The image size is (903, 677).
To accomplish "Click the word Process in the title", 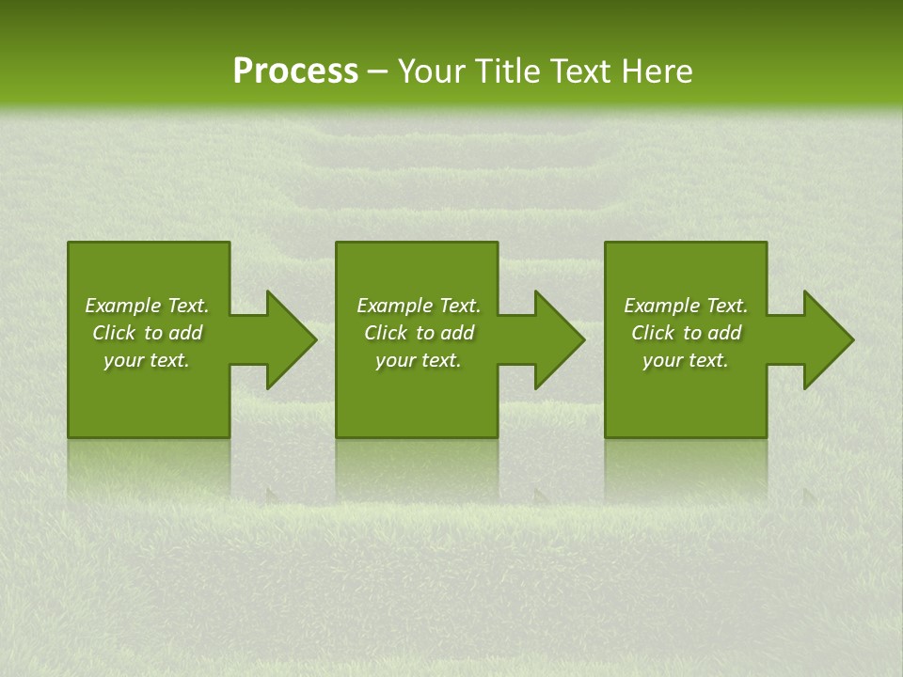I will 295,71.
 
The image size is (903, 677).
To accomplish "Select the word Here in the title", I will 657,71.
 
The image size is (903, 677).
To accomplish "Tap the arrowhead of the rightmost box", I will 827,339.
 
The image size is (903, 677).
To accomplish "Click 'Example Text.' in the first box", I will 147,306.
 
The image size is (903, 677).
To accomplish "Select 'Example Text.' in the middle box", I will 418,306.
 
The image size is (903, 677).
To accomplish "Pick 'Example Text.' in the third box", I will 686,306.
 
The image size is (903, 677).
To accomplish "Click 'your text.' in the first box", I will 147,360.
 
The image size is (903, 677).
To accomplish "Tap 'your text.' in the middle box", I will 418,360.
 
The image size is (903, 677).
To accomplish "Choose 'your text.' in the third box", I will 686,360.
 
